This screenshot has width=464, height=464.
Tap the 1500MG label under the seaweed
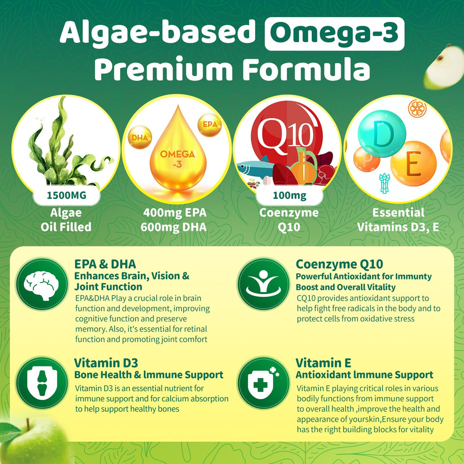click(x=66, y=195)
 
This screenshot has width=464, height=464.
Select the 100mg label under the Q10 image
click(x=290, y=195)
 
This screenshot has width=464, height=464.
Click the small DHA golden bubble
click(x=139, y=138)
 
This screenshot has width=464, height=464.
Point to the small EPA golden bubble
click(x=210, y=125)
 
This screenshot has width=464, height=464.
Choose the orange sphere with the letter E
click(x=413, y=165)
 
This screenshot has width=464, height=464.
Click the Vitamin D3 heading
click(x=106, y=362)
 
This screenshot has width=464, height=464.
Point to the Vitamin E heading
click(x=323, y=362)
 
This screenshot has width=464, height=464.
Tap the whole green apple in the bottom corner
click(x=30, y=443)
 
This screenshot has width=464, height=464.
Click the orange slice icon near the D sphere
click(x=415, y=108)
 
